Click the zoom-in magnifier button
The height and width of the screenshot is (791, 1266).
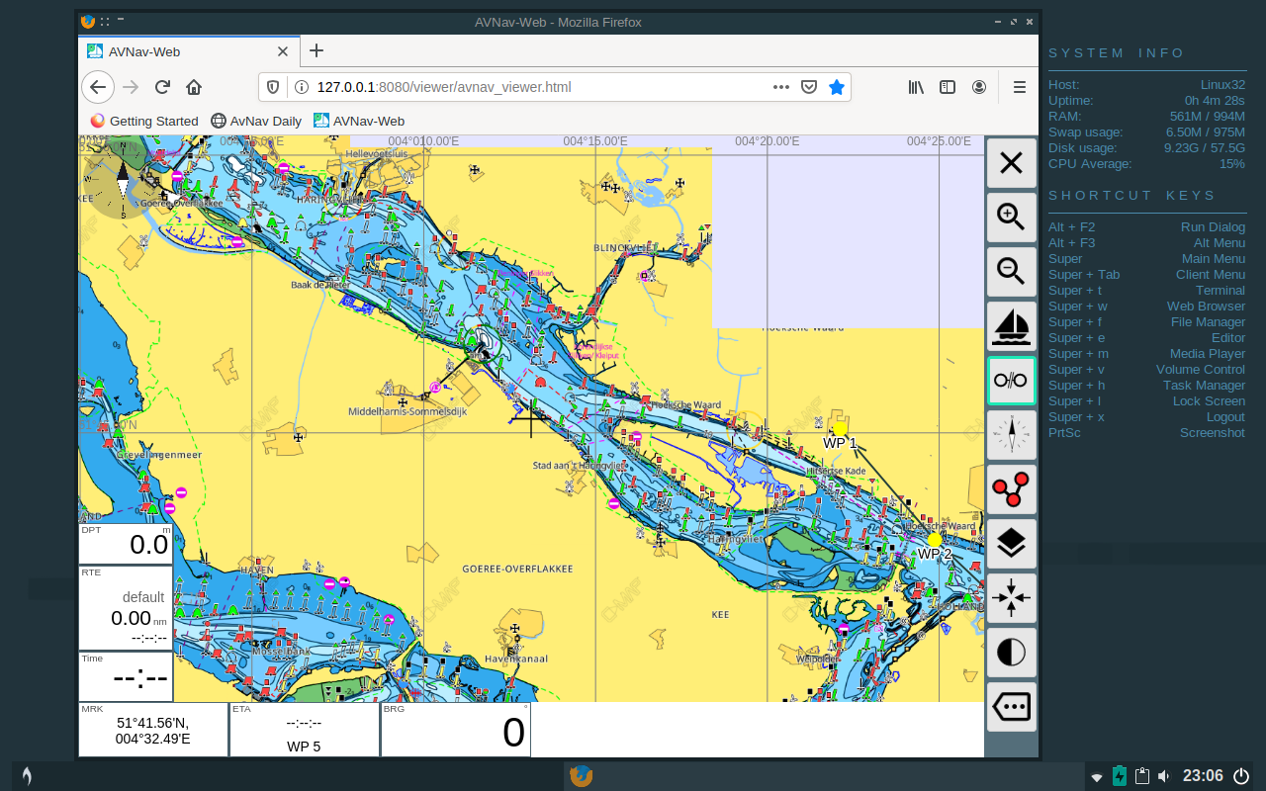[1011, 217]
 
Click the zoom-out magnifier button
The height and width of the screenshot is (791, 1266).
[1011, 271]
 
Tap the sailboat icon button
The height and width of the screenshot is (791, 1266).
[1011, 325]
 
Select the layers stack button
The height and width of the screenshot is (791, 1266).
[1011, 543]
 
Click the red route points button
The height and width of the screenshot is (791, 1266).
[1011, 488]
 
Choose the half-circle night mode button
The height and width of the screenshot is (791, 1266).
[1011, 652]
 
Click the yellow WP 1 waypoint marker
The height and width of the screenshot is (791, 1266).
[841, 429]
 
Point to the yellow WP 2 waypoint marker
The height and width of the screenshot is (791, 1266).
[934, 540]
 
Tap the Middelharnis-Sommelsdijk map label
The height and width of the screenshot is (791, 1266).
[407, 411]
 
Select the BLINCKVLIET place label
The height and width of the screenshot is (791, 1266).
[625, 248]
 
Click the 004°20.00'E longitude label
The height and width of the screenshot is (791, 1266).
[767, 141]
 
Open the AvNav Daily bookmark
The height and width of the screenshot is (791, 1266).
[256, 121]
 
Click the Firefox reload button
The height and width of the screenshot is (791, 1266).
[163, 87]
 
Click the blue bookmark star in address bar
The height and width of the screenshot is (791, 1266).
[837, 87]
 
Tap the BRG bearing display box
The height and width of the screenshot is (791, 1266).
[456, 730]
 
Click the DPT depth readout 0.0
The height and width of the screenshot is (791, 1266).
[126, 544]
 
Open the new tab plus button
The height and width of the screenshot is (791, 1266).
[316, 50]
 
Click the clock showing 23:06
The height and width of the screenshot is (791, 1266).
[1203, 776]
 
